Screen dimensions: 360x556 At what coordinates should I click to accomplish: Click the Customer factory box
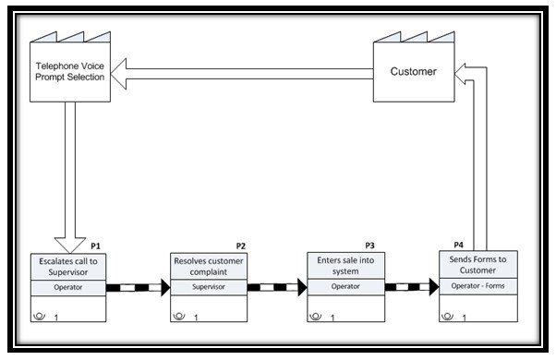(x=413, y=71)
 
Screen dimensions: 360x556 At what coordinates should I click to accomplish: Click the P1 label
(x=96, y=246)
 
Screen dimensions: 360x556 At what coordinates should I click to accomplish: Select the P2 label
(x=240, y=246)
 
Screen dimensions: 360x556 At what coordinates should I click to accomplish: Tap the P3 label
(x=369, y=246)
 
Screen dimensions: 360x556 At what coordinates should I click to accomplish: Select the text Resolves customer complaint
(x=209, y=267)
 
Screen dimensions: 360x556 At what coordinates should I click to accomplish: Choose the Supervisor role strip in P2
(x=209, y=287)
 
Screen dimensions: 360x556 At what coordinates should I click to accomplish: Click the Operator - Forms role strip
(x=478, y=287)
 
